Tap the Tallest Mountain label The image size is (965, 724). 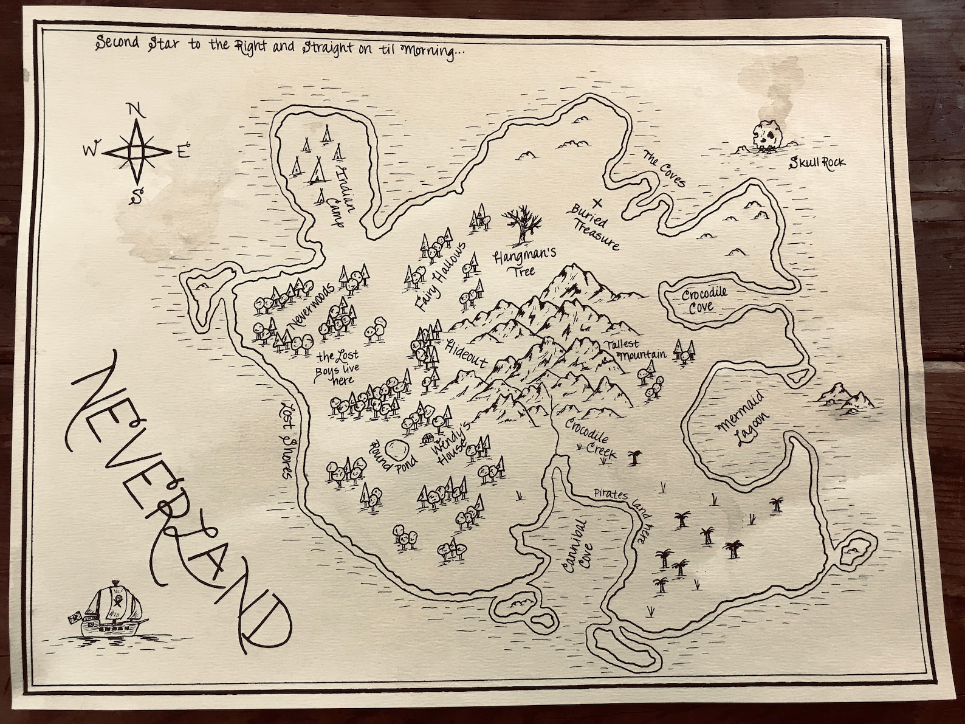tap(634, 349)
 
